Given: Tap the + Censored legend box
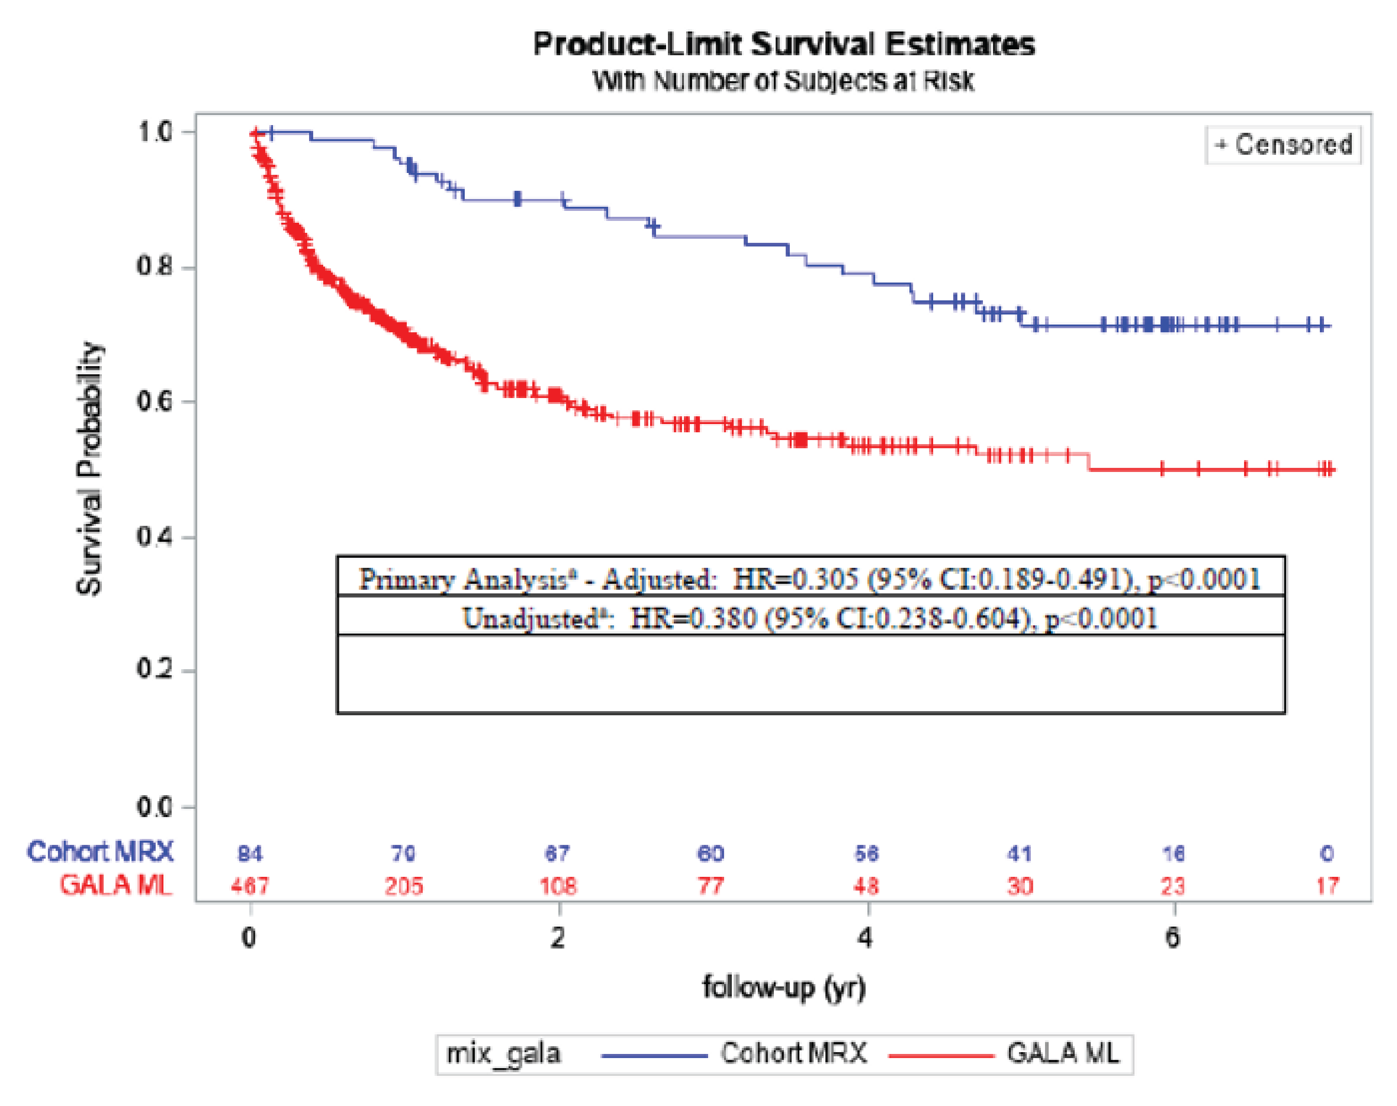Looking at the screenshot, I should tap(1282, 144).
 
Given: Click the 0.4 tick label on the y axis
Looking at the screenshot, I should tap(155, 536).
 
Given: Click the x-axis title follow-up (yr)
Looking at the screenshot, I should tap(784, 987).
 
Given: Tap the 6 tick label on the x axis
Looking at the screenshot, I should tap(1172, 937).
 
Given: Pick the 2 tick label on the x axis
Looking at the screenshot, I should tap(557, 937).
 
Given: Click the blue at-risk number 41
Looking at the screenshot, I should tap(1019, 854).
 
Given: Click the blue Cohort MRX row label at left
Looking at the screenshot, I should tap(100, 851).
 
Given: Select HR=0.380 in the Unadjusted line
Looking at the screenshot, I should tap(693, 619).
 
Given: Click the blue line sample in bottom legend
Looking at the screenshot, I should tap(654, 1055).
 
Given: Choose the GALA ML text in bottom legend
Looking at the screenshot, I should tap(1062, 1054).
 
